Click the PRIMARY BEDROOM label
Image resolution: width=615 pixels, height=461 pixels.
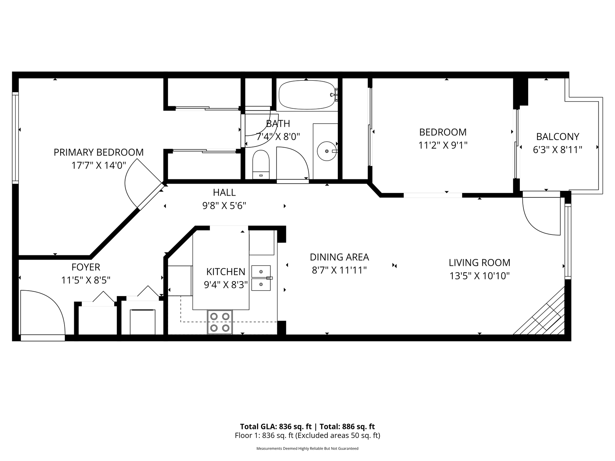(x=98, y=152)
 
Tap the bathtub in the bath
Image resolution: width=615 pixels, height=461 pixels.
(x=306, y=95)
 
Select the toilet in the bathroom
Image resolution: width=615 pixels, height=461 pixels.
(x=261, y=164)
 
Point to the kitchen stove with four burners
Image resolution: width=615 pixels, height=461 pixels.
(x=220, y=322)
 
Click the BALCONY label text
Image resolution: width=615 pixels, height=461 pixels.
(x=557, y=137)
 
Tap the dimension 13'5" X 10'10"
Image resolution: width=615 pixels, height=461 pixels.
(x=479, y=276)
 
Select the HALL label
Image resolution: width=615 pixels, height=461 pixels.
(x=224, y=192)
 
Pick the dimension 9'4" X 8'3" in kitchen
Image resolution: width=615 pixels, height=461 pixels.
(x=226, y=285)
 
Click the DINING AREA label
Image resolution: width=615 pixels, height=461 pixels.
(x=339, y=257)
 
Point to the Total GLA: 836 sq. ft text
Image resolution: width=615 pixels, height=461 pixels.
(x=276, y=427)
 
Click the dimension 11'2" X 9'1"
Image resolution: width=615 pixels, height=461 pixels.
(x=443, y=145)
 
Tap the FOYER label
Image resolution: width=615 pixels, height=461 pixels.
(x=86, y=267)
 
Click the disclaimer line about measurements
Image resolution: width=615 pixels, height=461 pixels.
(x=307, y=449)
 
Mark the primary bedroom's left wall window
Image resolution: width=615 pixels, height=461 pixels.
(x=15, y=138)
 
